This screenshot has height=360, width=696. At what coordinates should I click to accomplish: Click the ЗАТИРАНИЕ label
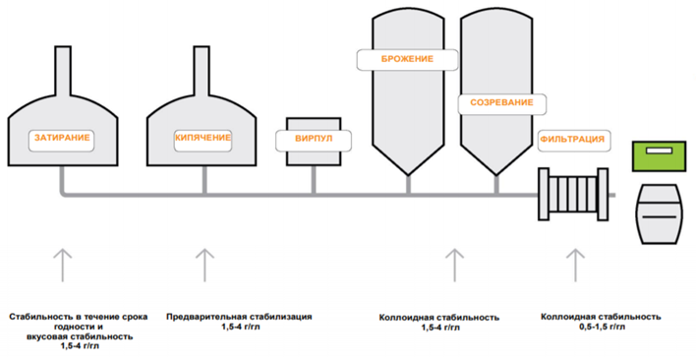62,138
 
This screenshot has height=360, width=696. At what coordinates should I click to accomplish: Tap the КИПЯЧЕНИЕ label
203,138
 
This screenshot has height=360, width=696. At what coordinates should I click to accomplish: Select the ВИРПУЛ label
314,139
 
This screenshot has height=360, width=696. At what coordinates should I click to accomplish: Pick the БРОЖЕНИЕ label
407,59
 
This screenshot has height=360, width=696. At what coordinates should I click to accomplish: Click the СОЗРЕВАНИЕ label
501,102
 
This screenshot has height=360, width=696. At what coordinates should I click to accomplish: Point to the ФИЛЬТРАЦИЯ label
572,139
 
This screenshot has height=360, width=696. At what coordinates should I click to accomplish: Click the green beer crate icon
659,156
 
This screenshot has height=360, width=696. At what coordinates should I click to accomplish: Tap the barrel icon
660,214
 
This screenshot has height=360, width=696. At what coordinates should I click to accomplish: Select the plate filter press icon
573,194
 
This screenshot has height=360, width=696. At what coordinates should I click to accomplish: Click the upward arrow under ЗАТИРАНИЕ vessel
63,265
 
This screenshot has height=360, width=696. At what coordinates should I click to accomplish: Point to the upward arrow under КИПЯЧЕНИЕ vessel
204,265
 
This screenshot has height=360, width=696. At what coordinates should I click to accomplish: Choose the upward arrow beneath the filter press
576,265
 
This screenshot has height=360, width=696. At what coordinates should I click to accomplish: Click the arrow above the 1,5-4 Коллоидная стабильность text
454,265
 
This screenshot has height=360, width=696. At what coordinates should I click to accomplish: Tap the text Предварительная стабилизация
239,317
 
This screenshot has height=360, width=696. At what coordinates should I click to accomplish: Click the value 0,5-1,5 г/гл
601,327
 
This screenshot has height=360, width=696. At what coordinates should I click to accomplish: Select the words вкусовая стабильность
78,337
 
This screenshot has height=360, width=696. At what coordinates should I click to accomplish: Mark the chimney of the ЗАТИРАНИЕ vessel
63,71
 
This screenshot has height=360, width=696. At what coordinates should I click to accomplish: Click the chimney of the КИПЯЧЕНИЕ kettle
202,71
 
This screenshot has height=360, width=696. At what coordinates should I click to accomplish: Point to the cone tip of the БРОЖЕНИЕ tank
408,176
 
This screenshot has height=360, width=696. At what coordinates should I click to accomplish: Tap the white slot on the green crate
660,150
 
